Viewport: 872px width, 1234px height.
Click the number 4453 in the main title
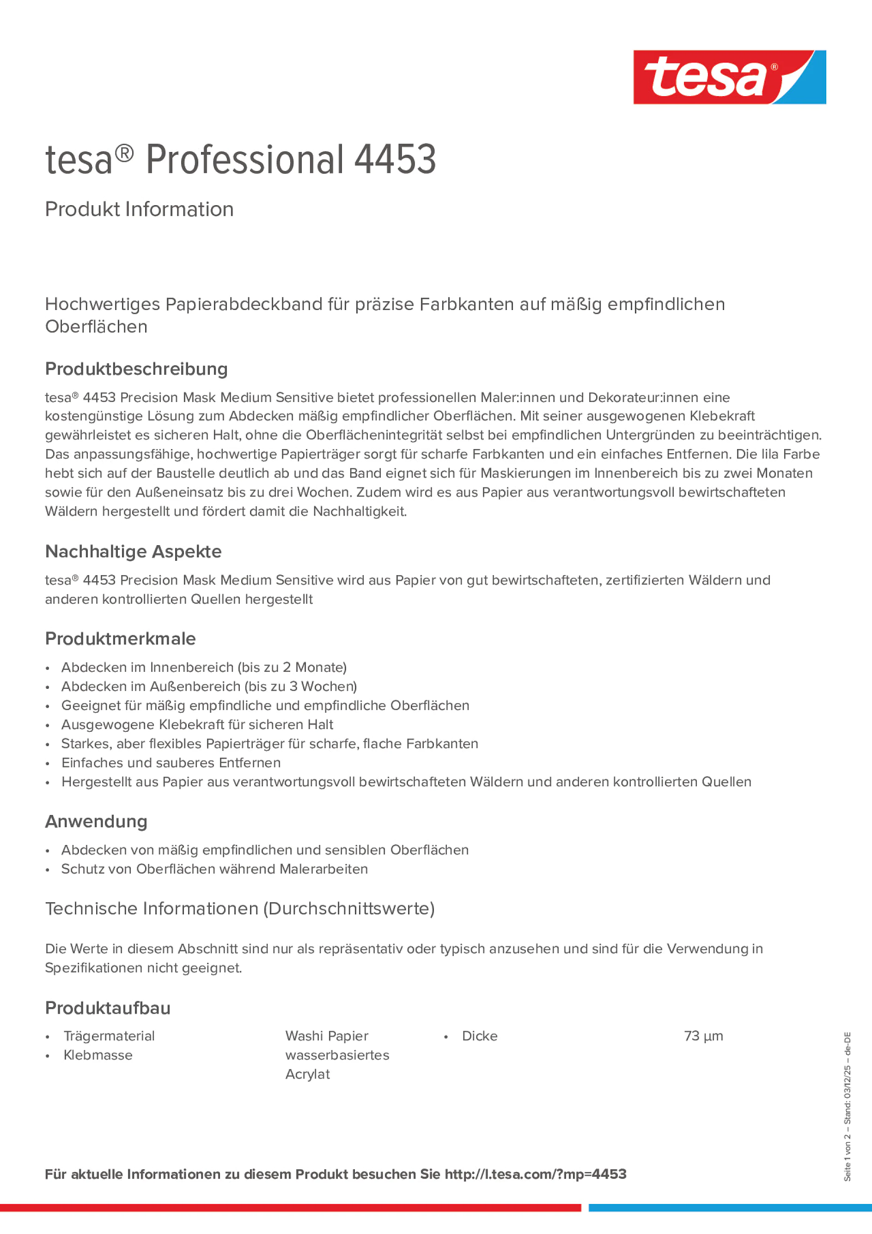(395, 160)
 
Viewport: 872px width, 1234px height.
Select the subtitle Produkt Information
(139, 209)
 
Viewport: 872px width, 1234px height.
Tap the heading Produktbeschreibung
(136, 369)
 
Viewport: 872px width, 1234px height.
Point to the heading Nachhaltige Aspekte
(134, 552)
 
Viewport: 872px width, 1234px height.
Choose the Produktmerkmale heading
(121, 638)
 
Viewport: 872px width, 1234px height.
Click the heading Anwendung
(96, 821)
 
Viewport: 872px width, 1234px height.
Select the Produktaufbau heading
(108, 1008)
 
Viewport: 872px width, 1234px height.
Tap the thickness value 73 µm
(703, 1036)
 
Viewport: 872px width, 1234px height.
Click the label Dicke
(480, 1036)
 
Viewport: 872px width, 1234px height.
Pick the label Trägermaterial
(109, 1036)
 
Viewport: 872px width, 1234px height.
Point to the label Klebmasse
(98, 1055)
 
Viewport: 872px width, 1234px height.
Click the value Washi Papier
(327, 1036)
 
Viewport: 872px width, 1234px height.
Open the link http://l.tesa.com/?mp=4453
(536, 1174)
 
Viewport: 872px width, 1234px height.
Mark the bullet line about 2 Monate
(204, 667)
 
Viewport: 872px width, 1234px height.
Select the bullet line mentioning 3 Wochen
(209, 687)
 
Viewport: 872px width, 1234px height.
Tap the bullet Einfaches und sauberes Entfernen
(171, 763)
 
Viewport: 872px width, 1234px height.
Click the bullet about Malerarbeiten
(214, 869)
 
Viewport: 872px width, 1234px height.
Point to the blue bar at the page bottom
(730, 1208)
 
